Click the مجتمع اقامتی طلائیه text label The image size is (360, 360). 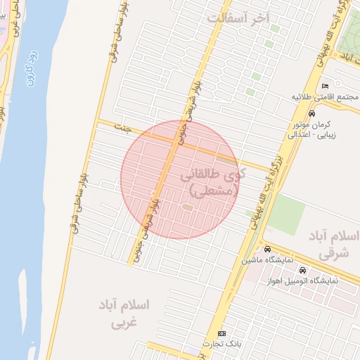[326, 96]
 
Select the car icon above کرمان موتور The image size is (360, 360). [311, 113]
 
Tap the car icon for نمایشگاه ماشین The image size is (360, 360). [267, 250]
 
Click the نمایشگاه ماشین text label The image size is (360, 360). [267, 260]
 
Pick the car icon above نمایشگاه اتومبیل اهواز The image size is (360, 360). [302, 271]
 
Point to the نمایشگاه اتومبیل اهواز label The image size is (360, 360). [302, 281]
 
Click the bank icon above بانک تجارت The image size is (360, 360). [222, 333]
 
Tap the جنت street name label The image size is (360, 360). [125, 128]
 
